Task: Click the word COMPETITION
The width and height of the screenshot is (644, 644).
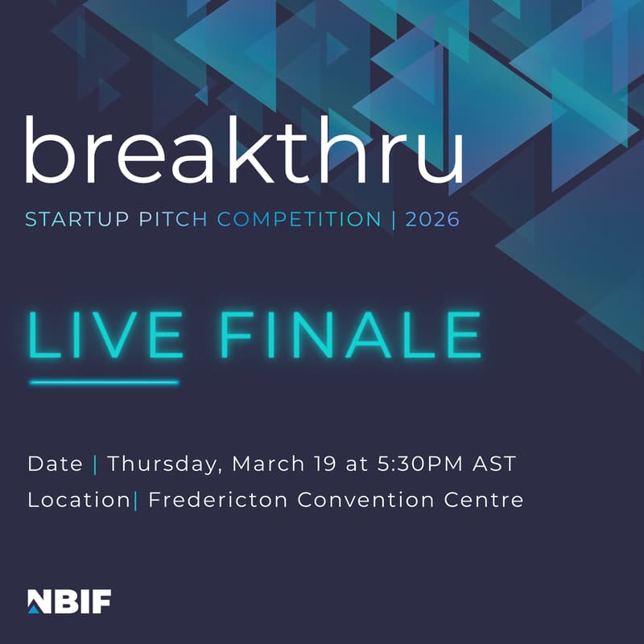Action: click(x=299, y=219)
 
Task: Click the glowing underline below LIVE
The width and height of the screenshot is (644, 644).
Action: click(x=104, y=382)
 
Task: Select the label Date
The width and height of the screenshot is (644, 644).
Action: click(x=55, y=464)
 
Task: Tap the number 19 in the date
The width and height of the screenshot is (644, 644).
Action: click(x=319, y=464)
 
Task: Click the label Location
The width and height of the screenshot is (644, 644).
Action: click(x=78, y=500)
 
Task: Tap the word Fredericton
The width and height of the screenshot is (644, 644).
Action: click(x=217, y=500)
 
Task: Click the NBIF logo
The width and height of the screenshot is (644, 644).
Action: click(x=69, y=601)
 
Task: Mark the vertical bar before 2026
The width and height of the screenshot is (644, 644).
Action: click(x=393, y=219)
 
